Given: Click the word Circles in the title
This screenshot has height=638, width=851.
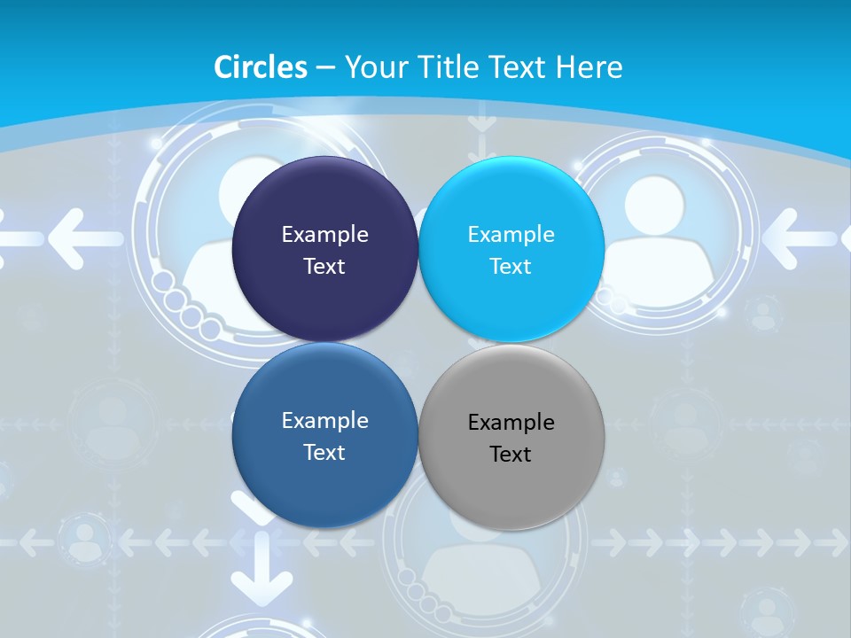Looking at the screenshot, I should pyautogui.click(x=261, y=67).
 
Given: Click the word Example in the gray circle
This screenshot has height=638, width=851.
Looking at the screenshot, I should pyautogui.click(x=511, y=423).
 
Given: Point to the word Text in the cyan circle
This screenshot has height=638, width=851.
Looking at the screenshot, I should pyautogui.click(x=511, y=267).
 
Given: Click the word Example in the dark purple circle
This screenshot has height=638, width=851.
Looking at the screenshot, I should pyautogui.click(x=324, y=235).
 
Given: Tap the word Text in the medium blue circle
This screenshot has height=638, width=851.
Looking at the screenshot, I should pyautogui.click(x=324, y=453).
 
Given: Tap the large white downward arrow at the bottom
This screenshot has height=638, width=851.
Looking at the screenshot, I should pyautogui.click(x=262, y=576).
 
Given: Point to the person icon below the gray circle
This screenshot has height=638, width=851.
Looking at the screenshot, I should pyautogui.click(x=470, y=567).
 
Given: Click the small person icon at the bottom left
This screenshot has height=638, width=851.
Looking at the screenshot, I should pyautogui.click(x=85, y=541).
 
